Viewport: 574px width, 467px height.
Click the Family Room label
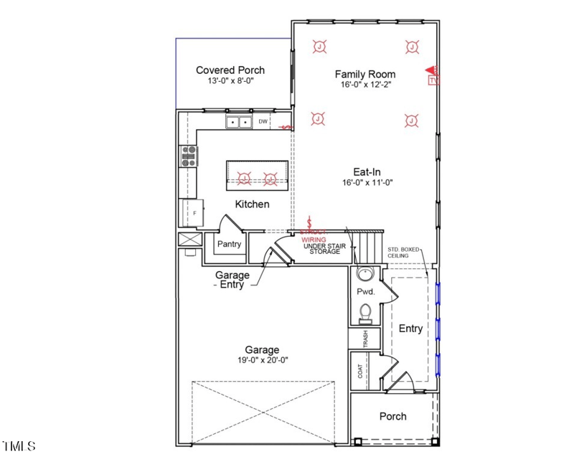point(365,74)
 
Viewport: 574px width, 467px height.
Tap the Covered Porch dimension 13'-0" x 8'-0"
point(230,82)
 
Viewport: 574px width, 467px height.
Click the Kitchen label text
point(252,204)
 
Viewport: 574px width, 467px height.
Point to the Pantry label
point(229,244)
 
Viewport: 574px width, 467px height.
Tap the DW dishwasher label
point(263,122)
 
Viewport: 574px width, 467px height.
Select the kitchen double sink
point(238,123)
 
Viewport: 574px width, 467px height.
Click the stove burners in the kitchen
point(189,156)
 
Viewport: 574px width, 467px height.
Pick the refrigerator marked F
point(192,213)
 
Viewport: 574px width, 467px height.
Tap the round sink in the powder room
point(365,273)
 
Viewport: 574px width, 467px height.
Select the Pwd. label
point(365,293)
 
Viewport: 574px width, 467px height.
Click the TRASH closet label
point(365,337)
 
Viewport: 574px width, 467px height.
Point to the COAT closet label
point(360,371)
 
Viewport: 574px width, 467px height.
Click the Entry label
point(410,329)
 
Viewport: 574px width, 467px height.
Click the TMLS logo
point(19,446)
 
